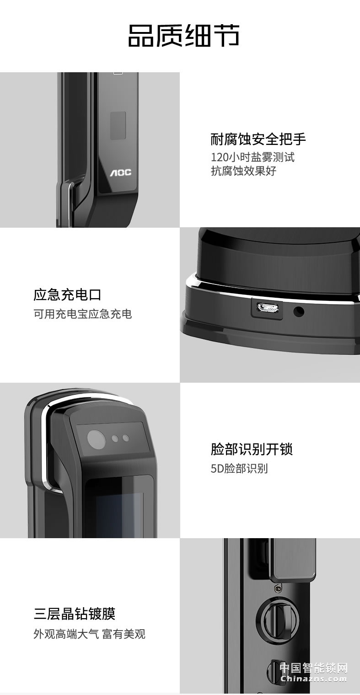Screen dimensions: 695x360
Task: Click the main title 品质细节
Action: (x=183, y=36)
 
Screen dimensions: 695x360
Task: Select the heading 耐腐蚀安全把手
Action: (x=258, y=139)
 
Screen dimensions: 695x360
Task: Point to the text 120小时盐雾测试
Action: (x=253, y=157)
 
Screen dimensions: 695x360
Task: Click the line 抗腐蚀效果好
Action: (x=243, y=171)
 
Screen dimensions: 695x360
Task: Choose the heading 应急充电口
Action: (x=67, y=294)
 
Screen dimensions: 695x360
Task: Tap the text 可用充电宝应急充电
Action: (x=82, y=314)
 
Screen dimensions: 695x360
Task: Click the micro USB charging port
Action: (x=267, y=308)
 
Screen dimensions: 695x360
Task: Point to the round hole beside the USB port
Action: (x=299, y=312)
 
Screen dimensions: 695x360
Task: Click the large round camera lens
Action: (x=96, y=439)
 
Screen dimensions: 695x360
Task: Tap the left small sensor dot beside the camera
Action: (x=115, y=438)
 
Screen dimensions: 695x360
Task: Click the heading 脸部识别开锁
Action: (x=252, y=449)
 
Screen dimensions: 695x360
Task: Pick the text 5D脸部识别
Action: (x=239, y=469)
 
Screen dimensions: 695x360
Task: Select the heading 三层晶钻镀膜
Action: (x=74, y=613)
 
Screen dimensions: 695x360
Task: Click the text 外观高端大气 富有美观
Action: (x=89, y=634)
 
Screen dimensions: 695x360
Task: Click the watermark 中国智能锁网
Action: (x=313, y=668)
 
